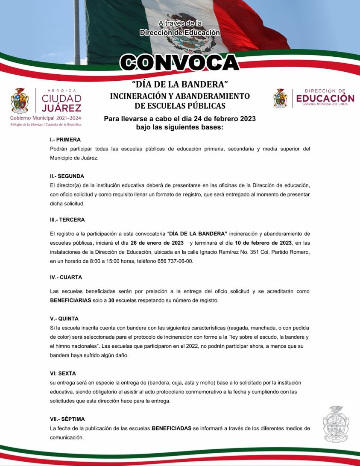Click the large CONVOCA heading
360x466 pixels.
click(179, 63)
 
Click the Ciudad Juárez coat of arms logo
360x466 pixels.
click(20, 101)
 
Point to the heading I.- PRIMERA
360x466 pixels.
click(65, 140)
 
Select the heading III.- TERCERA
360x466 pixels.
click(67, 220)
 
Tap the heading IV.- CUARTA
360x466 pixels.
click(66, 277)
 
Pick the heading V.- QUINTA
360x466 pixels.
click(64, 319)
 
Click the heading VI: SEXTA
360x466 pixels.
click(62, 373)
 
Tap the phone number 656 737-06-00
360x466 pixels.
click(176, 261)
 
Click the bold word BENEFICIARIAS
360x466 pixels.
click(70, 300)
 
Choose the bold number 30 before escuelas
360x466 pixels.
click(111, 300)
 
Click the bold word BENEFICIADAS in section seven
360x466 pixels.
click(172, 428)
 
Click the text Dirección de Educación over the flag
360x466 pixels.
click(180, 32)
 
